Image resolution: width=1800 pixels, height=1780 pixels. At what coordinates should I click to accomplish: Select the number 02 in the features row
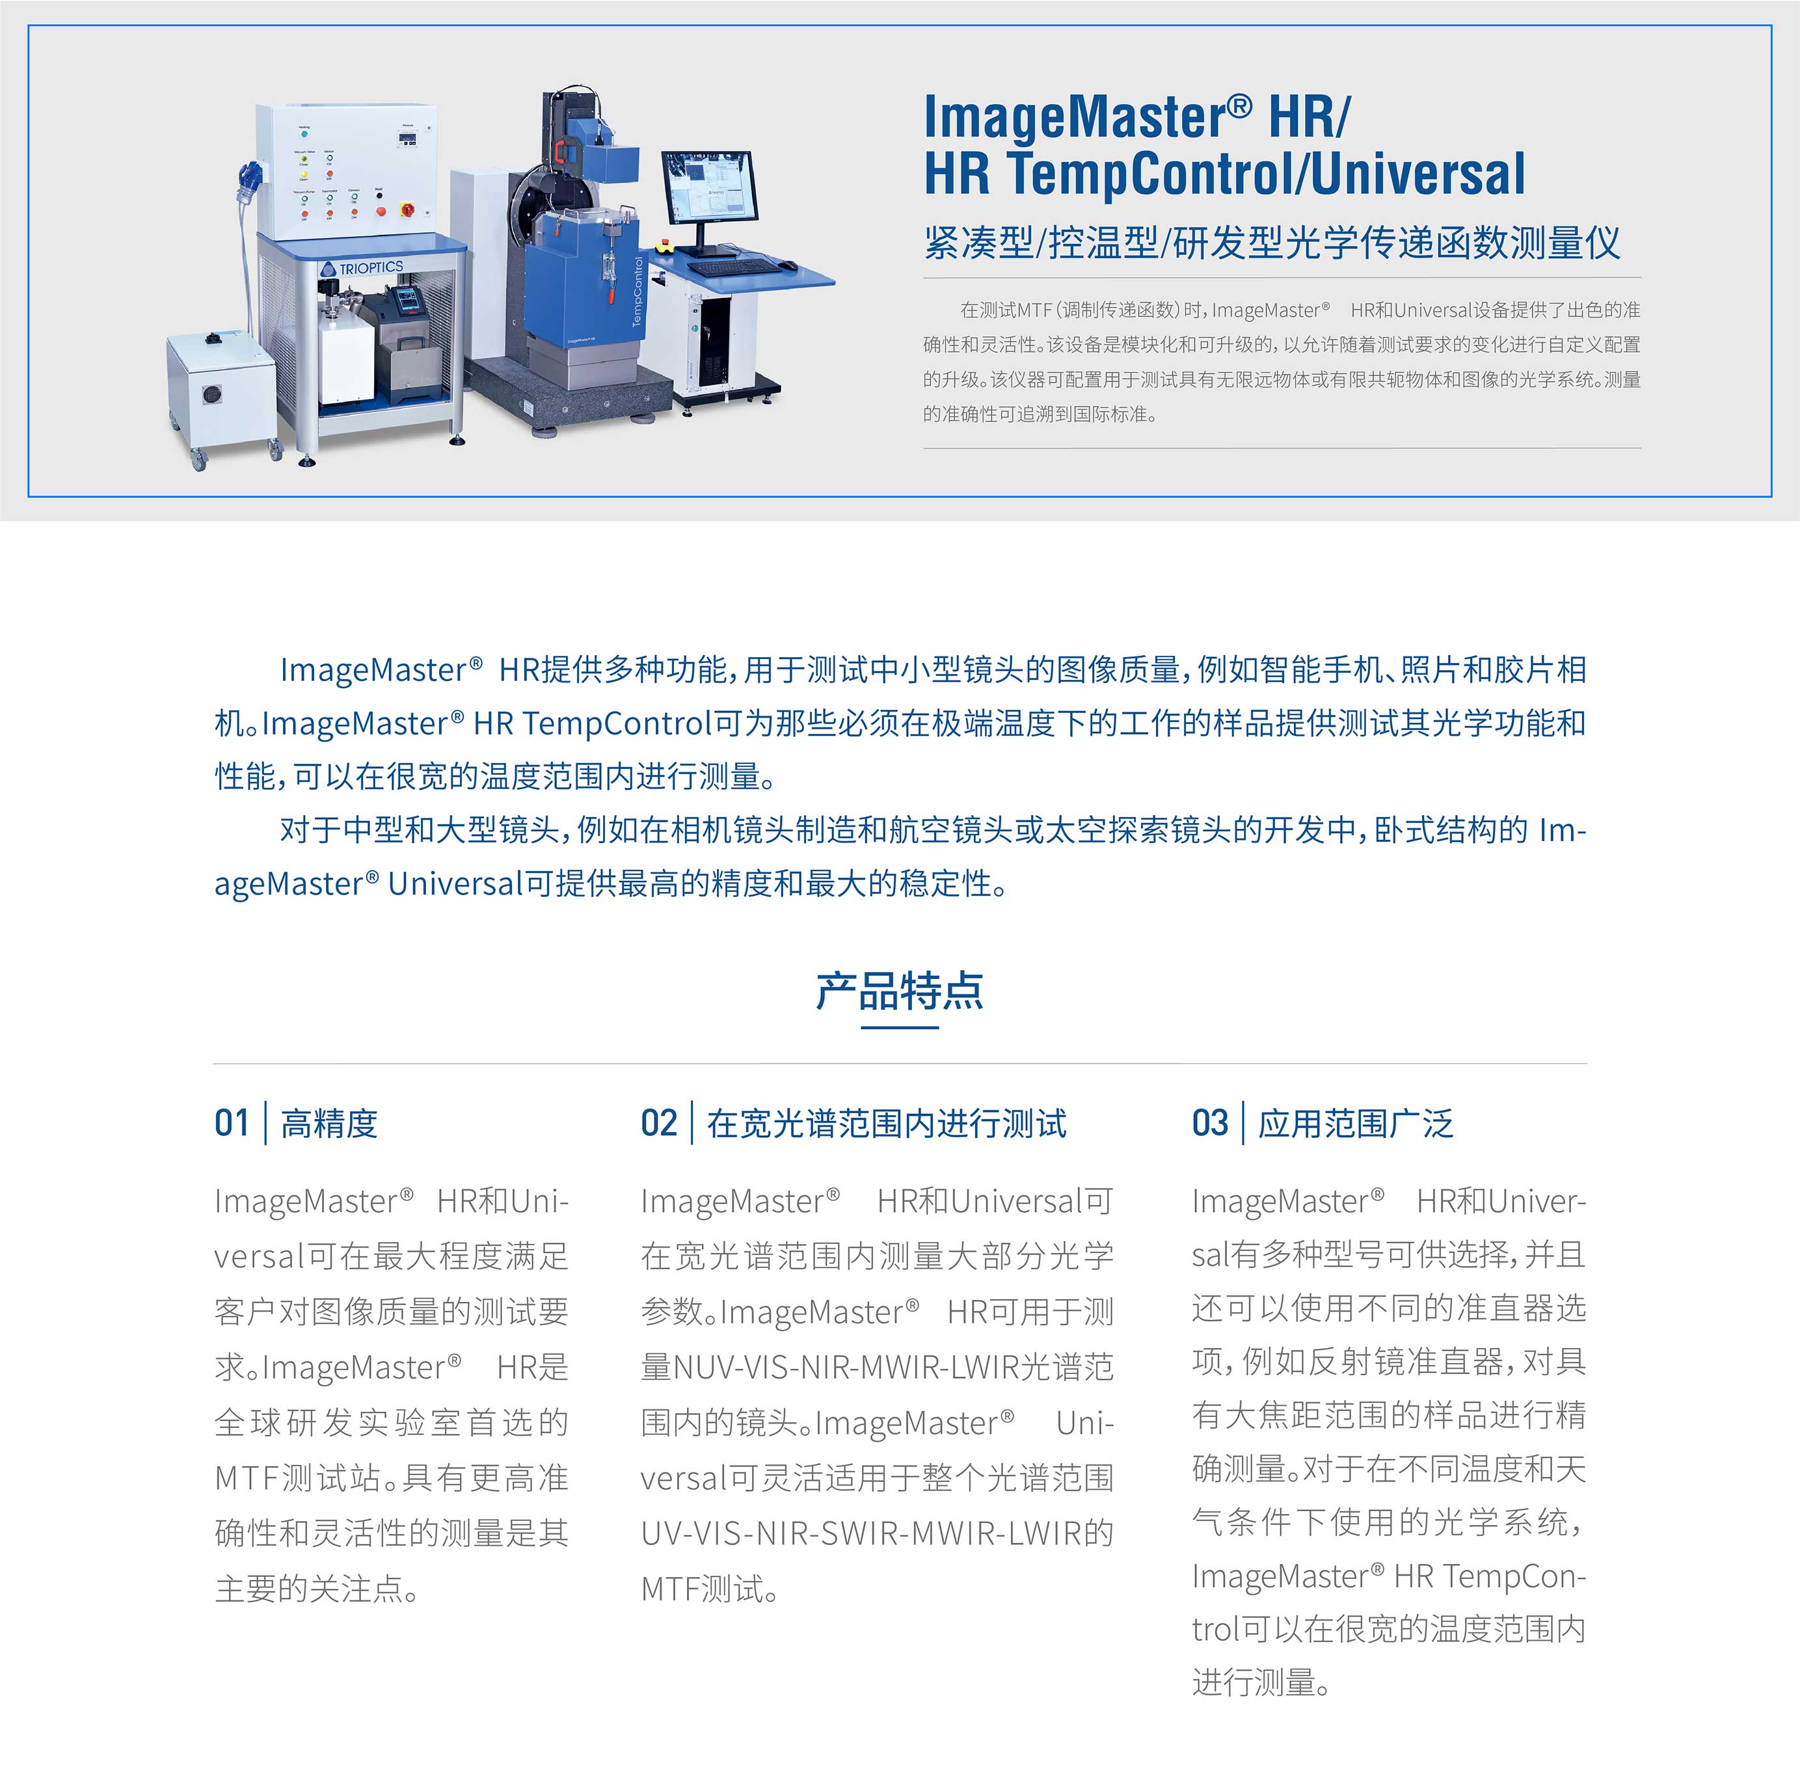659,1123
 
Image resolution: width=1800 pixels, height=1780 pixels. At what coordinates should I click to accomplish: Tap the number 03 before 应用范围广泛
1209,1123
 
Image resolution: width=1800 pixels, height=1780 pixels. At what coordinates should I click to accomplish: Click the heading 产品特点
899,991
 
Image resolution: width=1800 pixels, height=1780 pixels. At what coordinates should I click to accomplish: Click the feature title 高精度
329,1124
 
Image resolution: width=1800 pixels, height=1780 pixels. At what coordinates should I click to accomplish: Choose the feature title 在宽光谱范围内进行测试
886,1124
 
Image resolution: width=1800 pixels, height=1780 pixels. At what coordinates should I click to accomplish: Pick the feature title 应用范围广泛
1356,1124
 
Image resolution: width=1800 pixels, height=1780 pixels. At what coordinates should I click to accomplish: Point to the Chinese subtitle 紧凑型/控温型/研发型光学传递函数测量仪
1272,242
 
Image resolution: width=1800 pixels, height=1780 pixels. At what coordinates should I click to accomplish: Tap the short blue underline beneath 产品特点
899,1027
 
